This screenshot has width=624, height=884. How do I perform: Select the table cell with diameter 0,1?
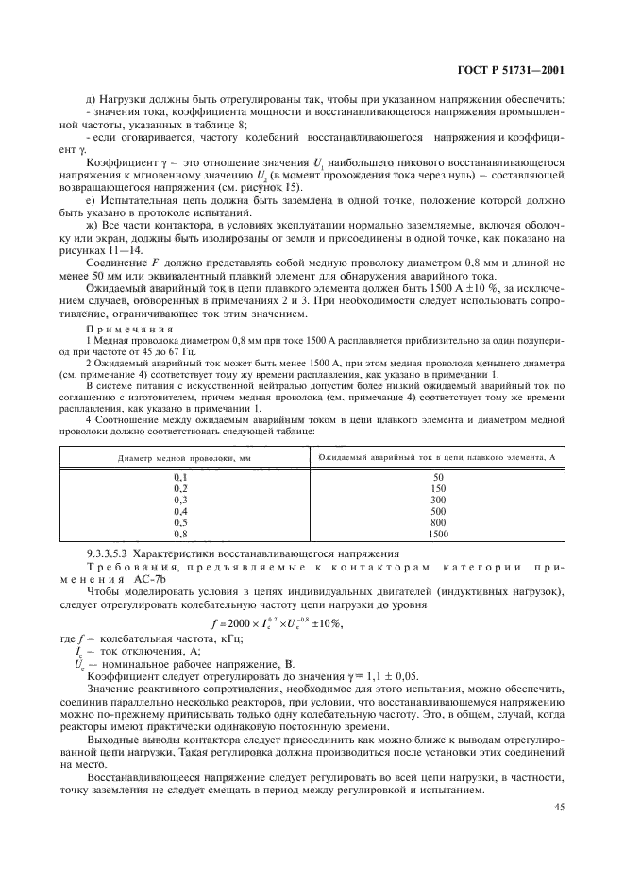click(x=181, y=478)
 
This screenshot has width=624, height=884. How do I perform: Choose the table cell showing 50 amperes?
click(x=438, y=478)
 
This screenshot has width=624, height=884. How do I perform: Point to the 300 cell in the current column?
click(x=438, y=499)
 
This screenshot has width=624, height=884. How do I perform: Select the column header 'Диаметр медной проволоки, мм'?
click(x=181, y=458)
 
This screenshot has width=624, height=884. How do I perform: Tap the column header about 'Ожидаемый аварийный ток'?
click(x=438, y=458)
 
